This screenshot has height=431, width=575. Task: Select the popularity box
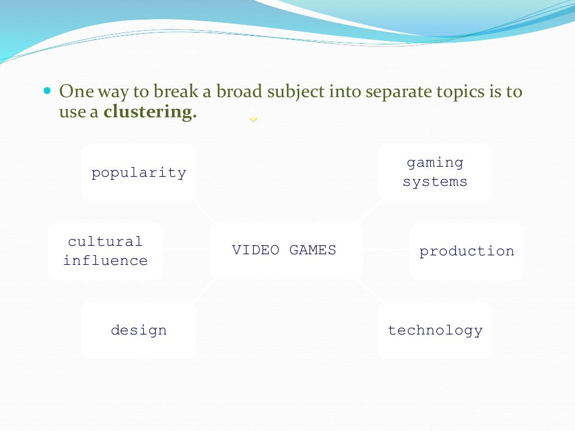click(x=139, y=172)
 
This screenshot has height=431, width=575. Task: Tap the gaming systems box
click(x=435, y=172)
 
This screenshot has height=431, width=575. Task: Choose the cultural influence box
click(x=106, y=251)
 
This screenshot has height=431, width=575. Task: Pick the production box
click(x=467, y=251)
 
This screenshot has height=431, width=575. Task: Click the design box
click(x=139, y=330)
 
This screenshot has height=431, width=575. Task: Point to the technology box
click(x=435, y=330)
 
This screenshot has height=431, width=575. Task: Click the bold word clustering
click(x=150, y=112)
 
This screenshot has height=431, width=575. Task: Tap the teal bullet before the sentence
click(x=47, y=90)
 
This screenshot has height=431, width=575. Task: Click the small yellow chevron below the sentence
click(x=253, y=120)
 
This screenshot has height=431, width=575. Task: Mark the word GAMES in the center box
click(x=313, y=250)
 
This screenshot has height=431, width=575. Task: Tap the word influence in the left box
click(x=106, y=260)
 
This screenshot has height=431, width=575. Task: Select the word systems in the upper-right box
click(x=435, y=182)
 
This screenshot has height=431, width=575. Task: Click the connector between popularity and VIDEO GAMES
click(x=204, y=212)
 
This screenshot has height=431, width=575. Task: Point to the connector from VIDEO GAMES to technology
click(x=370, y=292)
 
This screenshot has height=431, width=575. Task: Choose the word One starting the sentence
click(x=76, y=91)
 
